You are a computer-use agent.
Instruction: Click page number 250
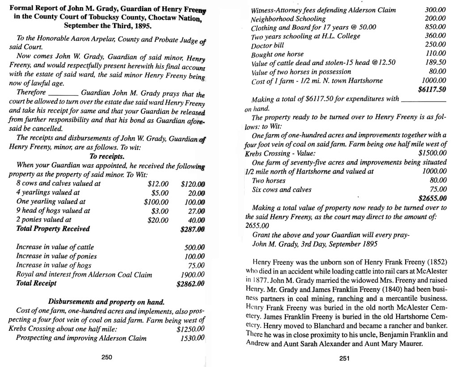(x=106, y=357)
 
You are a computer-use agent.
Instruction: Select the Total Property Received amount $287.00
(x=192, y=230)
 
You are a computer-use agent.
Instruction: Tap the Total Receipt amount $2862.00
(x=191, y=284)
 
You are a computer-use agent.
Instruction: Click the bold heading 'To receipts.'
(x=107, y=157)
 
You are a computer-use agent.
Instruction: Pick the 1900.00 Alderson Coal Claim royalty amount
(x=192, y=275)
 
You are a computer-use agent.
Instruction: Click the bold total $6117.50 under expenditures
(x=432, y=90)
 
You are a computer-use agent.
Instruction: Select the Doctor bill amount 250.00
(x=436, y=45)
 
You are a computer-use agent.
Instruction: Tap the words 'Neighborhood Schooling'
(x=288, y=19)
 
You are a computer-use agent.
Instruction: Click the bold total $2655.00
(x=432, y=198)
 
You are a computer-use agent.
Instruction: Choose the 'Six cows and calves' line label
(x=282, y=189)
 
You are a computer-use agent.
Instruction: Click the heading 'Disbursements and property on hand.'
(x=106, y=301)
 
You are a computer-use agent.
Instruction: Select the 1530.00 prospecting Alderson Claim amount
(x=192, y=338)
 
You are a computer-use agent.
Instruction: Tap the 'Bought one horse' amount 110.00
(x=436, y=54)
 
